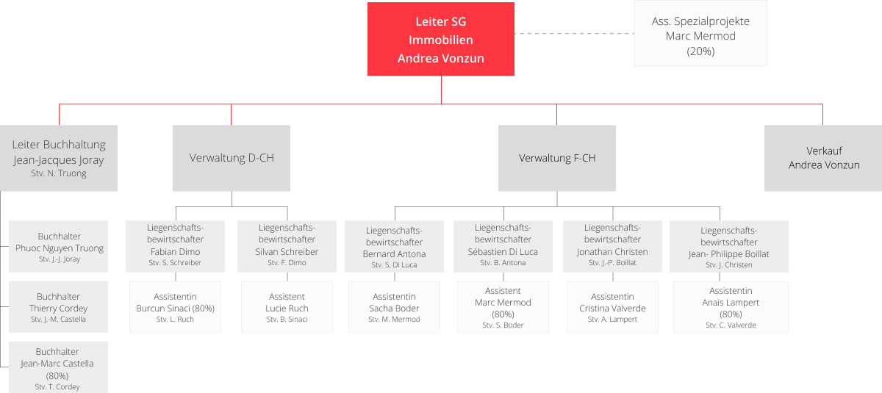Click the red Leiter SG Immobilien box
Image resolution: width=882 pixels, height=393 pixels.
point(441,40)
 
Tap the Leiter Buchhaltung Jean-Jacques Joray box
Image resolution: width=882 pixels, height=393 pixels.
point(58,158)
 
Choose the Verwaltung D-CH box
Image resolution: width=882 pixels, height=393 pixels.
point(232,158)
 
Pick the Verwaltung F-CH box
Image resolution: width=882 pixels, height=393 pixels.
point(556,158)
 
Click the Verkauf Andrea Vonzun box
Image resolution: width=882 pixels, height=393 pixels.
point(823,158)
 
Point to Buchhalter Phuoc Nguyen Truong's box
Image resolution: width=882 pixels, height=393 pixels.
point(59,247)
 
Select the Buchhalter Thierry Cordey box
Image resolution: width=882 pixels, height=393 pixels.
point(58,307)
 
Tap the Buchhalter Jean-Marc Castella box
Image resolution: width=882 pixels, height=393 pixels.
point(58,366)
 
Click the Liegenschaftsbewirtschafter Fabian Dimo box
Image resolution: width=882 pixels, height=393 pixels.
point(175,246)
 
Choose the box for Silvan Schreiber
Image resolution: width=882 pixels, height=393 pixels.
point(287,246)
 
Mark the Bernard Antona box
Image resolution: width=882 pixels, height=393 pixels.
point(394,247)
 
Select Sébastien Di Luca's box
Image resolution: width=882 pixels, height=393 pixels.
point(503,246)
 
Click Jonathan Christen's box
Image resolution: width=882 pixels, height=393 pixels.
point(612,246)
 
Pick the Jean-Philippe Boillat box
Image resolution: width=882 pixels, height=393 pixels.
point(728,247)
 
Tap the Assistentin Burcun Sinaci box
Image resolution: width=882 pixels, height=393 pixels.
point(175,307)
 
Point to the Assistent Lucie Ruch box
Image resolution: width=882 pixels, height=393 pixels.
point(287,307)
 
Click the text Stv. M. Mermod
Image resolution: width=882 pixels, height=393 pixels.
point(395,320)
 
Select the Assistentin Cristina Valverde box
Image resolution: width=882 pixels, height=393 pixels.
point(612,307)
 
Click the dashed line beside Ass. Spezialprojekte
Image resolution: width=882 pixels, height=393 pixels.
point(574,34)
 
